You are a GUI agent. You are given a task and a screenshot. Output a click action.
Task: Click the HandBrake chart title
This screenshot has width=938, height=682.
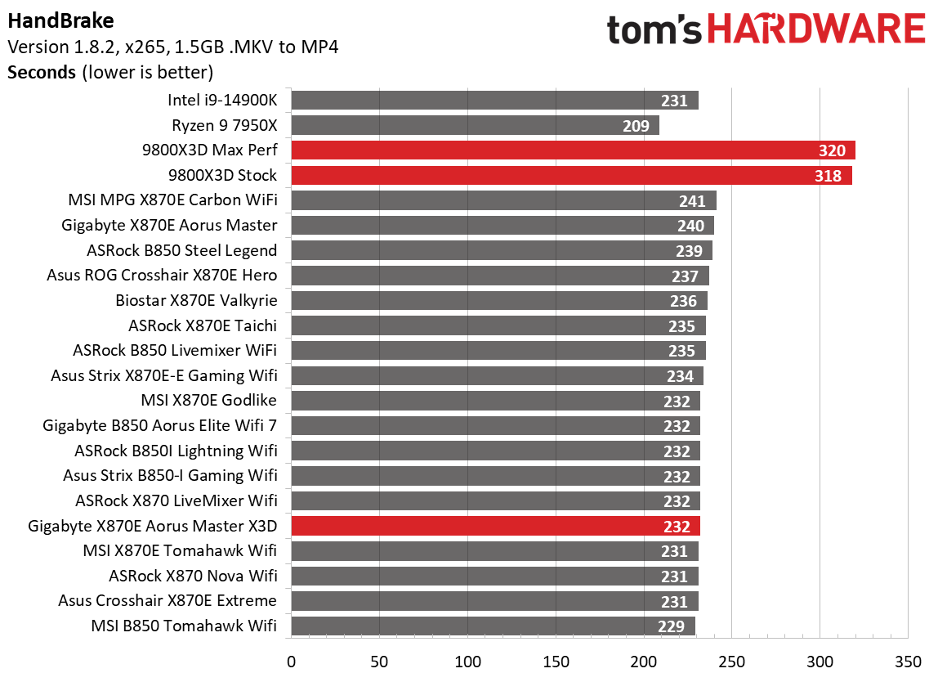(60, 20)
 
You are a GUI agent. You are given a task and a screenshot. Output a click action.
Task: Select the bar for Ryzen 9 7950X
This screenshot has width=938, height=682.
(475, 125)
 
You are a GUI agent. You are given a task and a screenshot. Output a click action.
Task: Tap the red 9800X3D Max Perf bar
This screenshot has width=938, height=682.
(573, 150)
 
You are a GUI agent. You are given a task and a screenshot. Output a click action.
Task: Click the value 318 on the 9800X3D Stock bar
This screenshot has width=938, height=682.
(828, 176)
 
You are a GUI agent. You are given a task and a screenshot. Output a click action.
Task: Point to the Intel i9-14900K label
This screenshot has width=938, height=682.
(222, 101)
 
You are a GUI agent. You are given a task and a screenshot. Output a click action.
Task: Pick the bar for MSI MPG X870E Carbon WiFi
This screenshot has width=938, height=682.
(503, 201)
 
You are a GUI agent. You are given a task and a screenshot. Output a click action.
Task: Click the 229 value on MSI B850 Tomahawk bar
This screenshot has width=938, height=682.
(672, 626)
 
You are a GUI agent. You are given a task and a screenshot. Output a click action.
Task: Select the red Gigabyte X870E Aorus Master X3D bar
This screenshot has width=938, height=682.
(495, 526)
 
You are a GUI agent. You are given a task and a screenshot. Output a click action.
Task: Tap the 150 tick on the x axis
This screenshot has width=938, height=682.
(556, 661)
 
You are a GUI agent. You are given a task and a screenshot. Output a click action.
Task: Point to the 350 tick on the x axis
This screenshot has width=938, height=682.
(909, 661)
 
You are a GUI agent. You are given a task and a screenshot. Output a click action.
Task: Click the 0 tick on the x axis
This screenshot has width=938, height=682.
(291, 661)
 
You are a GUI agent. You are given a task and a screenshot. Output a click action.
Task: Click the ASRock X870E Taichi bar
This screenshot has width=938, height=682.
(498, 326)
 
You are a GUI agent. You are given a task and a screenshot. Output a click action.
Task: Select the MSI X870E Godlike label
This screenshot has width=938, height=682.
(209, 401)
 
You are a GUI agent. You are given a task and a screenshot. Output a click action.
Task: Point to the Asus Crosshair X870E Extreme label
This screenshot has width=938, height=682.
(167, 601)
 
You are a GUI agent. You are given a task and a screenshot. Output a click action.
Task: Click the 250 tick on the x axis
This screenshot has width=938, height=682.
(732, 661)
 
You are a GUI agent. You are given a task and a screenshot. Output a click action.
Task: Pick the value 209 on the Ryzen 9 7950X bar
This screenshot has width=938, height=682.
(636, 126)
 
